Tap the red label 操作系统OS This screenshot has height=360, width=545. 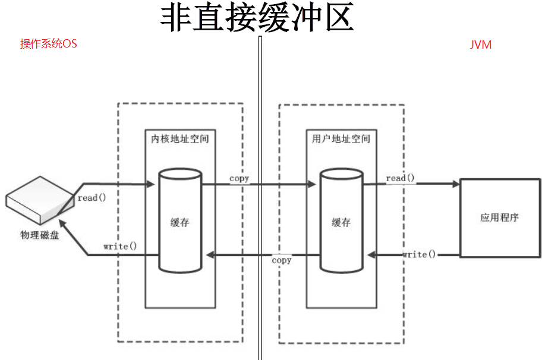(49, 44)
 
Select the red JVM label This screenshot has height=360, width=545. (481, 45)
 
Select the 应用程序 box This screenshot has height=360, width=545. (499, 217)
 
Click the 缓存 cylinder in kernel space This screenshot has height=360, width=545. (180, 222)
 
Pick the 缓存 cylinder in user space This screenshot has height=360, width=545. (341, 222)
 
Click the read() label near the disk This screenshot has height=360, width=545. (92, 198)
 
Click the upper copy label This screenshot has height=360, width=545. (240, 178)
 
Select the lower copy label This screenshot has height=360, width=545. (281, 260)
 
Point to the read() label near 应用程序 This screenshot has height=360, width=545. (400, 178)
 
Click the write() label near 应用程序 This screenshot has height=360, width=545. (419, 254)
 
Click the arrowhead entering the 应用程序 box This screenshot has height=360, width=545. (456, 184)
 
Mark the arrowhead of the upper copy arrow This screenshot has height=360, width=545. (311, 184)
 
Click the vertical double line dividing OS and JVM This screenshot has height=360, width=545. (260, 196)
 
